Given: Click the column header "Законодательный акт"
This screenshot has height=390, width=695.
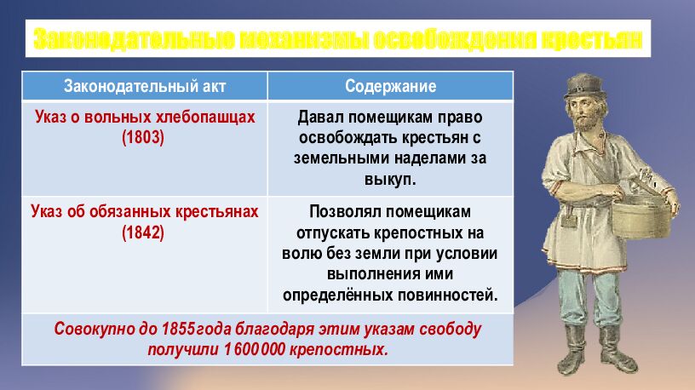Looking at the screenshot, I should point(144,86).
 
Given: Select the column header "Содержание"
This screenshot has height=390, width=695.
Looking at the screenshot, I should point(390,86).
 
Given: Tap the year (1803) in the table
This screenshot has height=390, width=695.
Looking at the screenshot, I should point(143,136).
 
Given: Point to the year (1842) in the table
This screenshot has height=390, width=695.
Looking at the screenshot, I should point(143,232).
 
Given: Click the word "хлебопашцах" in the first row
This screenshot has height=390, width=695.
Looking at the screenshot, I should point(210,118).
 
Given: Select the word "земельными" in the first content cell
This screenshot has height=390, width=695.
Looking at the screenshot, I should point(334,158).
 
